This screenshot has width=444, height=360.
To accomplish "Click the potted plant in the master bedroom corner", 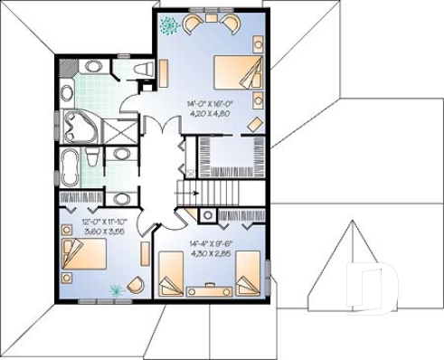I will click(x=168, y=25).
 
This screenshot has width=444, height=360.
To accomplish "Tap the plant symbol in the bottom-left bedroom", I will click(x=115, y=291).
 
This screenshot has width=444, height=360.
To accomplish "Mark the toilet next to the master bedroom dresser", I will click(x=142, y=70).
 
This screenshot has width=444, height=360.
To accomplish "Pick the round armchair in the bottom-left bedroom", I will click(x=136, y=285).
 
